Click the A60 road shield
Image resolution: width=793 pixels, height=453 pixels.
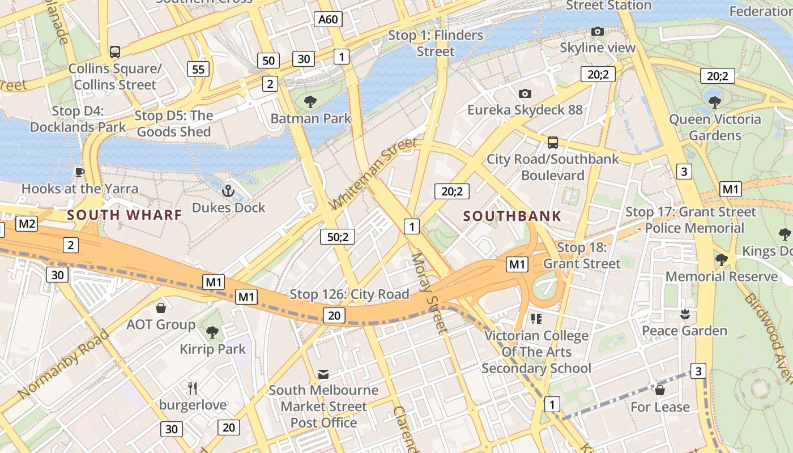point(328,20)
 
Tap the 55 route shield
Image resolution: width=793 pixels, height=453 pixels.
point(198,70)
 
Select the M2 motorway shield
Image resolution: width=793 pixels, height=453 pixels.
point(27,224)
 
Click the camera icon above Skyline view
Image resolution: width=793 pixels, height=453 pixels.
point(598,32)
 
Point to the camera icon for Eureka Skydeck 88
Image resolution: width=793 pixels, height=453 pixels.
point(525,93)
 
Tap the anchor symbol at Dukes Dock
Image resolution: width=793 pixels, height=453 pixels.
point(228,191)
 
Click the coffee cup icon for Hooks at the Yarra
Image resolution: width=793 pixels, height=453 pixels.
point(80,172)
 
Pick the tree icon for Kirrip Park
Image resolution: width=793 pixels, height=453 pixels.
point(212,332)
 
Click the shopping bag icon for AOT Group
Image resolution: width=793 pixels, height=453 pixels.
point(161,308)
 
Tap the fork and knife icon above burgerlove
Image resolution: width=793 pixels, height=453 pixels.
point(193,388)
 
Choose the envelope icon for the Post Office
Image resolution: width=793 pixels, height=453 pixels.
point(323,374)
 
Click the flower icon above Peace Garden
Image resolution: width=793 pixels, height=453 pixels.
point(685,314)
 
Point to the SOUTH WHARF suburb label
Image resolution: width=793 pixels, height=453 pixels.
point(125,215)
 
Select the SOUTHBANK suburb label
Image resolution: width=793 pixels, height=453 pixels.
point(512,216)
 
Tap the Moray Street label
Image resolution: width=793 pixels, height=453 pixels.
point(429,293)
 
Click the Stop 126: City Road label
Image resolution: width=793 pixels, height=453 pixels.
point(349,294)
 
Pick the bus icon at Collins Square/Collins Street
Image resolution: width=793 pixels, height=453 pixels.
point(115,52)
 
